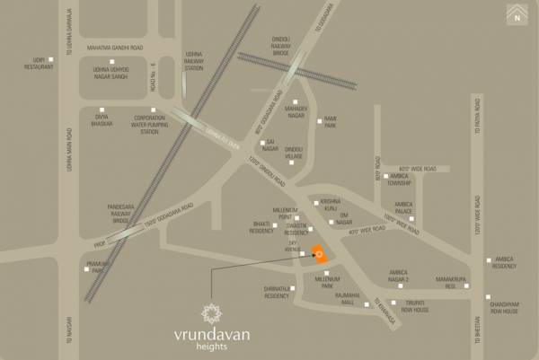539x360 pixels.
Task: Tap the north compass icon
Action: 517,13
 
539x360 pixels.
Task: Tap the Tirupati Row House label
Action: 415,306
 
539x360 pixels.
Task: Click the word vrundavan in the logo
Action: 212,336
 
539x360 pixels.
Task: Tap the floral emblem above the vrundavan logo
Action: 212,312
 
